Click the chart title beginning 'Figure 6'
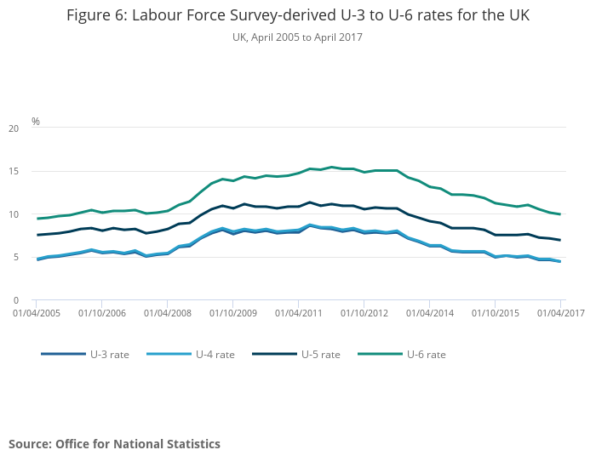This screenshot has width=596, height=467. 297,17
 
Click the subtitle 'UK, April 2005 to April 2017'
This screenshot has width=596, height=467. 297,37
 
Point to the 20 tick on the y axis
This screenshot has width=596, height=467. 13,128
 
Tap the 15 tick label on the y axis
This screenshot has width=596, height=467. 13,172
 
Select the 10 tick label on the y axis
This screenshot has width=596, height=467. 13,214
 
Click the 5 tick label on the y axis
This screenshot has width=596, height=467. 15,258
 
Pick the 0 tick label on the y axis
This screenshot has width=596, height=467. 15,300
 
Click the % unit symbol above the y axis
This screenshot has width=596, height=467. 36,122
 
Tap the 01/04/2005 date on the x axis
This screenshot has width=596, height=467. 36,313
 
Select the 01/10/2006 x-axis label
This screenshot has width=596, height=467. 101,313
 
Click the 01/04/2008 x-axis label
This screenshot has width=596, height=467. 167,313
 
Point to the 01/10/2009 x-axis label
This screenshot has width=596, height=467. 232,313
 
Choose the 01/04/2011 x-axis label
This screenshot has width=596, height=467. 298,313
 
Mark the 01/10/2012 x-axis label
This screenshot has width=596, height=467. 364,313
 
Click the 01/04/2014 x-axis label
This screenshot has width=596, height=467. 429,313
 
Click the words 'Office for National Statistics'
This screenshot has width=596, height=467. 138,444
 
